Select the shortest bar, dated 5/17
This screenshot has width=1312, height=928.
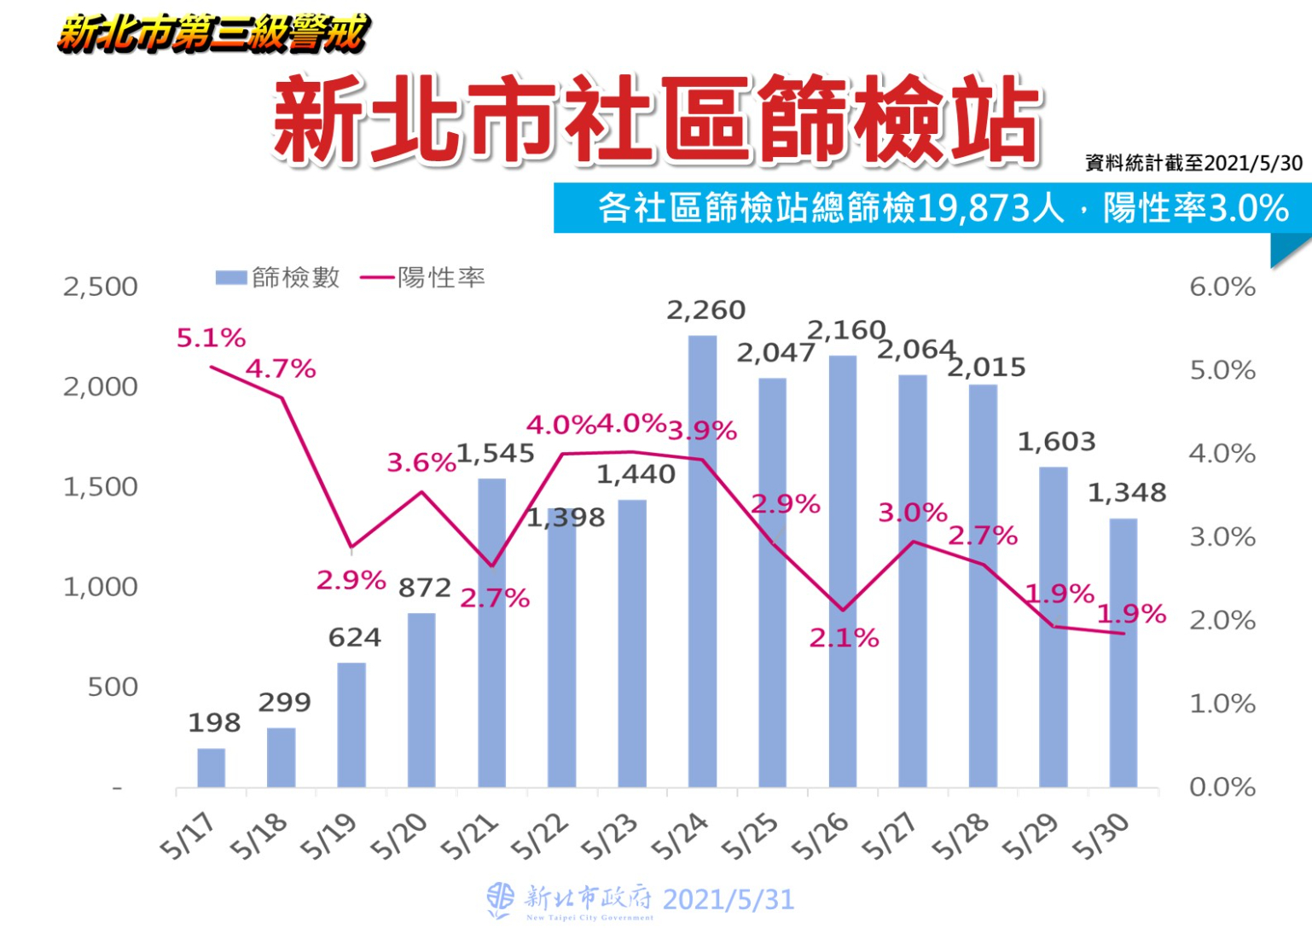coord(211,768)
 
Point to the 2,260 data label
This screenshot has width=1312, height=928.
coord(705,310)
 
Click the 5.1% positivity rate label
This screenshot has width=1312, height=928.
coord(211,339)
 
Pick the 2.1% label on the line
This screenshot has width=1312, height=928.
coord(844,638)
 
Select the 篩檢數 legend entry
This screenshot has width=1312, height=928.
coord(278,278)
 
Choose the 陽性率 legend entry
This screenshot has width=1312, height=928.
coord(423,278)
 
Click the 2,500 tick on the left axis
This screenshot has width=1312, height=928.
coord(100,287)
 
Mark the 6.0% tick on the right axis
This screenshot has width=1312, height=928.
coord(1222,287)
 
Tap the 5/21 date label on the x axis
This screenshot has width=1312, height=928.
coord(468,836)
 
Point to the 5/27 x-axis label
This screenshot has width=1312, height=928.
coord(889,836)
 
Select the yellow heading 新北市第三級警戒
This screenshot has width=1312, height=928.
coord(213,34)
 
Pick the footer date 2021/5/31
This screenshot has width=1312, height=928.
coord(728,900)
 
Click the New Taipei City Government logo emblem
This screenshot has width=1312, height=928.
coord(500,900)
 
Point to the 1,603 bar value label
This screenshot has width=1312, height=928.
coord(1056,442)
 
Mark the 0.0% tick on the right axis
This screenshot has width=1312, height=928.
coord(1222,787)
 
